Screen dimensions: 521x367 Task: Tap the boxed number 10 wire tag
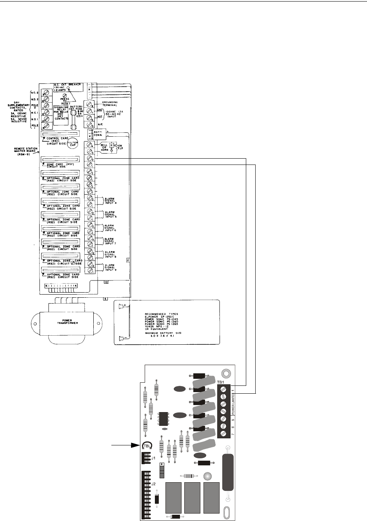(106, 282)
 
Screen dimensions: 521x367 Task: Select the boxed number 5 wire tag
(105, 298)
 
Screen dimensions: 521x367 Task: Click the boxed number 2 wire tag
(128, 259)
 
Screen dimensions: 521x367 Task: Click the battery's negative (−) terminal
(124, 338)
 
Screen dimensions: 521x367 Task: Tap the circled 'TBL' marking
(147, 445)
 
